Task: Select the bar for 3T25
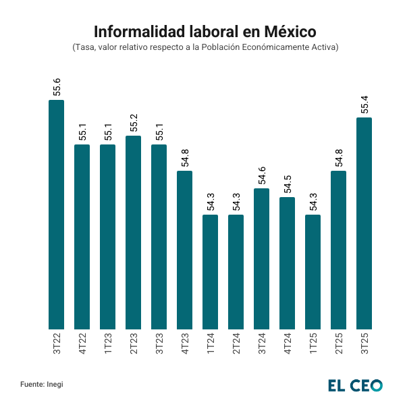(364, 223)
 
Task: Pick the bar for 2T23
(134, 232)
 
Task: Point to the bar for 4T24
(288, 263)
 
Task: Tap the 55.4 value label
(364, 105)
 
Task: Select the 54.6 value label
(262, 176)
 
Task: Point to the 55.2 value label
(134, 124)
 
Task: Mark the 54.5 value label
(288, 185)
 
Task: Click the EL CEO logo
(356, 385)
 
